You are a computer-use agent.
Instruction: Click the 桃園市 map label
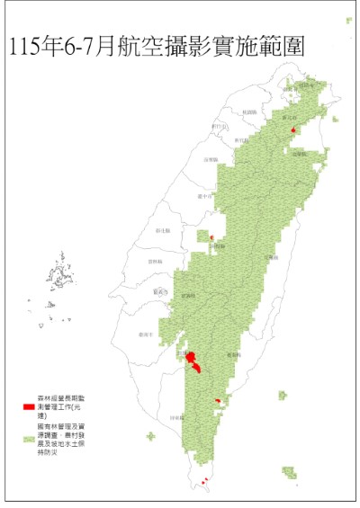[x=249, y=111]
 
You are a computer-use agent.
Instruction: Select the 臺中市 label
[x=203, y=195]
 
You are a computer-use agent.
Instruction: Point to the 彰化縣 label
[x=165, y=231]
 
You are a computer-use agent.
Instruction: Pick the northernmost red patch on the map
[x=293, y=131]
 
